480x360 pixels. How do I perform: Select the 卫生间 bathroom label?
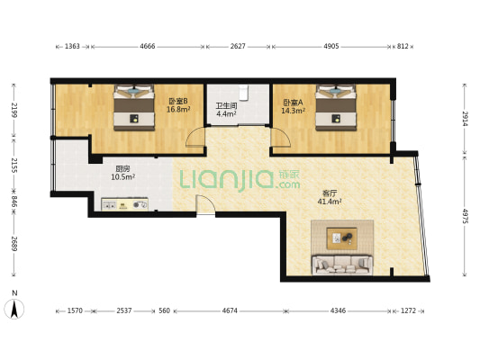pos(226,106)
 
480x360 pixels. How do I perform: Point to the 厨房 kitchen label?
pos(122,168)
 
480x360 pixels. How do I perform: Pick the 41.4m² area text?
pos(330,202)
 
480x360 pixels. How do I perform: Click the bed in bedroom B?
pos(134,107)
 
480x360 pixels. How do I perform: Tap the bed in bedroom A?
pos(336,107)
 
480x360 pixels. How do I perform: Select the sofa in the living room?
pos(342,265)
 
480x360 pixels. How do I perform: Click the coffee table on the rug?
pos(341,238)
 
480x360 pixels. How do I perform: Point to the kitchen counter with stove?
pos(124,204)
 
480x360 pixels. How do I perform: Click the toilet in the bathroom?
pos(243,93)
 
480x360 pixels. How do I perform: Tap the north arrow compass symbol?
pos(14,309)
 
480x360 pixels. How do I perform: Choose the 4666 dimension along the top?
pos(148,46)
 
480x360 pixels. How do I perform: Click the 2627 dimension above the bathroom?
pos(238,46)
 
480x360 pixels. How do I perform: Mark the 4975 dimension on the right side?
pos(465,216)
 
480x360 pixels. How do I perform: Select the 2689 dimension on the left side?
pos(14,243)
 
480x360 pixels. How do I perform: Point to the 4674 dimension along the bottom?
pos(230,310)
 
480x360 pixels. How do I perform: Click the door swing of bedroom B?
pos(195,138)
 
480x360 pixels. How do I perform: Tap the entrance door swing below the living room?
pos(205,205)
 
